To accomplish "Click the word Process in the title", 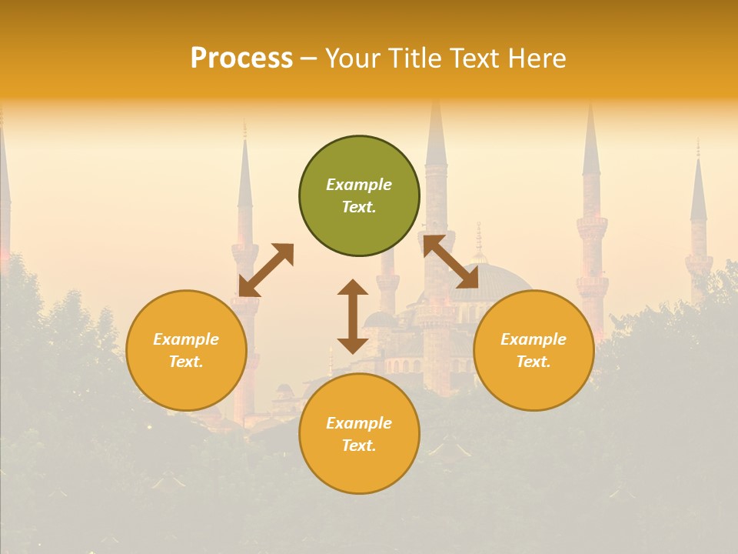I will click(241, 58).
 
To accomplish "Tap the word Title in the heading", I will click(415, 58).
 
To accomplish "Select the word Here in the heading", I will click(537, 58).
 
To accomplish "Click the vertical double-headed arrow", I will click(353, 316).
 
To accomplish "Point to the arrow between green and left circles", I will click(266, 269).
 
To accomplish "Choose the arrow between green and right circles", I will click(450, 262).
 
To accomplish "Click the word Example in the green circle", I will click(359, 185).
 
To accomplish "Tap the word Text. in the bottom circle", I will click(359, 446).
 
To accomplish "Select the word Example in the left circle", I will click(186, 339).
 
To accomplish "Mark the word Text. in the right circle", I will click(534, 362).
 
